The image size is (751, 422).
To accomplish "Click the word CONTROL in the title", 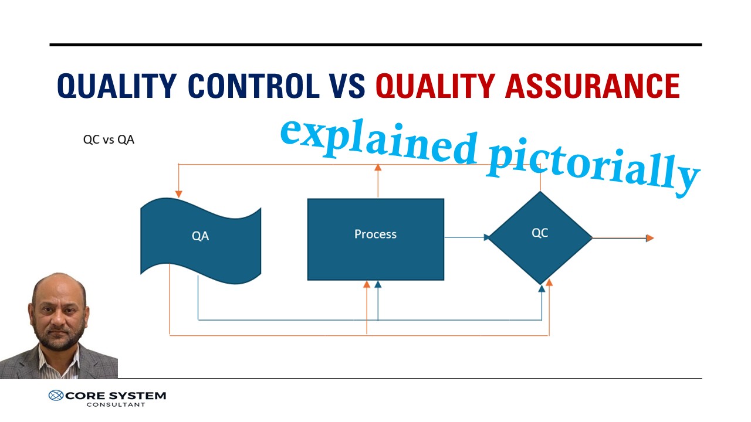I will [x=253, y=86].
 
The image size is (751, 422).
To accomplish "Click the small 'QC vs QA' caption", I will [x=109, y=140].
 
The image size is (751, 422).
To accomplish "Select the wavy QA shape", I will [x=201, y=237].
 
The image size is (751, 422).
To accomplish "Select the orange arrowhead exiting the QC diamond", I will [x=649, y=238].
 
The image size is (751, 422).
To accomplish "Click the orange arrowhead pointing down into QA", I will [x=178, y=194].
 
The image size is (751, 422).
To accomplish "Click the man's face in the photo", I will [x=59, y=314].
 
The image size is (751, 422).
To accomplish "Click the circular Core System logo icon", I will [x=56, y=396].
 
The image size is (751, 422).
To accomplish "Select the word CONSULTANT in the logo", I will [x=116, y=404].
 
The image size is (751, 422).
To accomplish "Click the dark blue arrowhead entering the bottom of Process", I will [x=378, y=285].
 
